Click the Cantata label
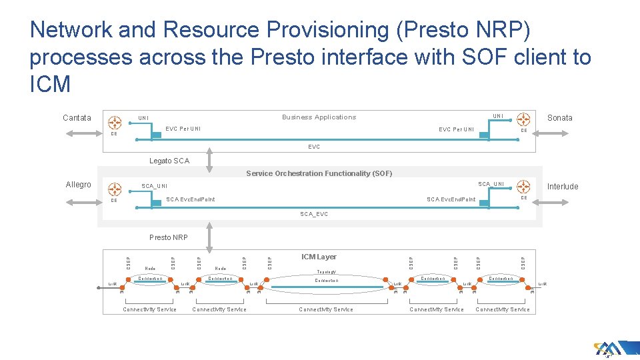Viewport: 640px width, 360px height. pyautogui.click(x=77, y=118)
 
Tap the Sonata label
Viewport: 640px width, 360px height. pyautogui.click(x=559, y=118)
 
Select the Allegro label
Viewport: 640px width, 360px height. pyautogui.click(x=78, y=185)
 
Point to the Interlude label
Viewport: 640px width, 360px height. pyautogui.click(x=563, y=187)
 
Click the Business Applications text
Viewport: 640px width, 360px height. pyautogui.click(x=319, y=117)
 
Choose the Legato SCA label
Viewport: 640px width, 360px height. pyautogui.click(x=169, y=161)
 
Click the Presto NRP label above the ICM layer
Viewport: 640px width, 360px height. pyautogui.click(x=169, y=237)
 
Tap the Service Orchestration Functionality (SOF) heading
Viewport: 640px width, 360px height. pyautogui.click(x=319, y=173)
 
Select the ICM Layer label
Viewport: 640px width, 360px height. pyautogui.click(x=319, y=257)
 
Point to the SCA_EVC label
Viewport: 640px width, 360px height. pyautogui.click(x=314, y=214)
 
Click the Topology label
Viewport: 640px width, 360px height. pyautogui.click(x=326, y=272)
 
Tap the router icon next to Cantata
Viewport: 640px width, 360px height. pyautogui.click(x=115, y=122)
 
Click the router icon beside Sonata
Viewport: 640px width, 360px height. pyautogui.click(x=522, y=119)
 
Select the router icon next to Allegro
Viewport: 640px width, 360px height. pyautogui.click(x=115, y=189)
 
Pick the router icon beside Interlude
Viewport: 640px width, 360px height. pyautogui.click(x=523, y=187)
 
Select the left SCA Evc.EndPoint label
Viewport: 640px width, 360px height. pyautogui.click(x=190, y=199)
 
